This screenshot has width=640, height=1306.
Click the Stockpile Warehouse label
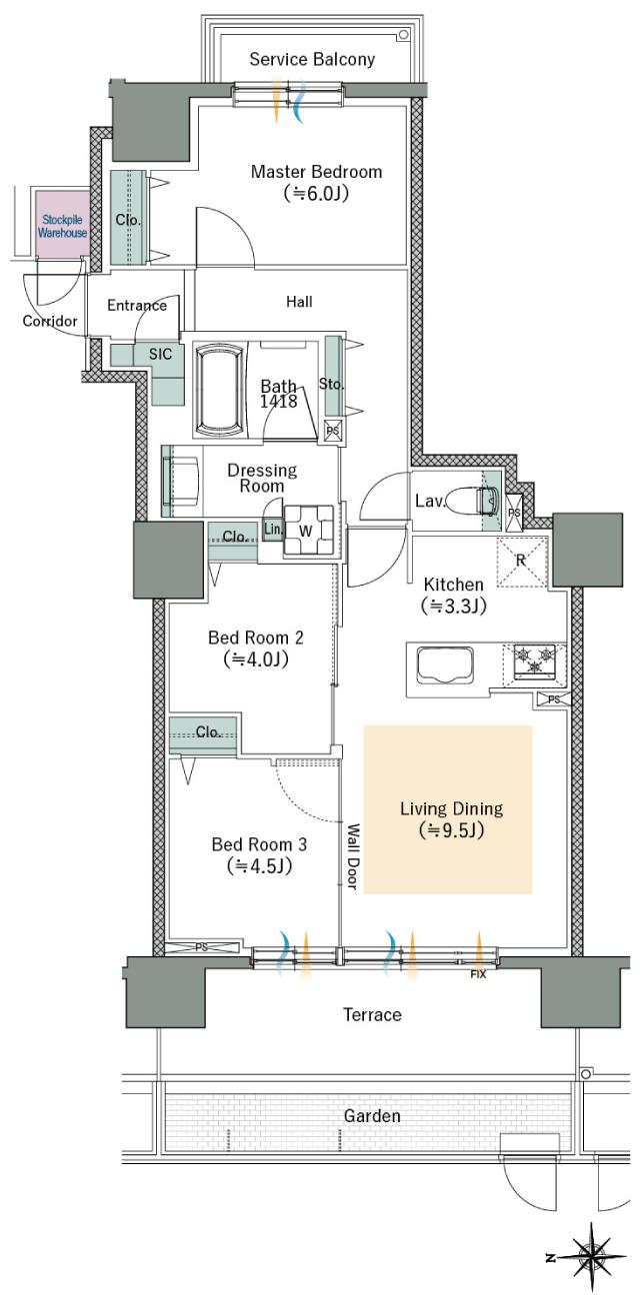pos(62,226)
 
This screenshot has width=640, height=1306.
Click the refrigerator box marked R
pos(522,562)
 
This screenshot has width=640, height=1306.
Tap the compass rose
pos(592,1257)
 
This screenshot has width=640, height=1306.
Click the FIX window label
pos(478,973)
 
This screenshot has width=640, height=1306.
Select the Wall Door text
pos(353,856)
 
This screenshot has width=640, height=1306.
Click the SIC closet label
pos(160,354)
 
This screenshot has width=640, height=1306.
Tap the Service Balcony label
pos(312,59)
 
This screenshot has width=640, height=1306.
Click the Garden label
pos(372,1116)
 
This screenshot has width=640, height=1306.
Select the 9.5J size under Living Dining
pos(452,829)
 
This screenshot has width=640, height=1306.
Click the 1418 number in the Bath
pos(279,401)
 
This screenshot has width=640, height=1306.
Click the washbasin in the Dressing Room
pos(181,481)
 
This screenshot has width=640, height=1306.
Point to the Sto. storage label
pos(331,384)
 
